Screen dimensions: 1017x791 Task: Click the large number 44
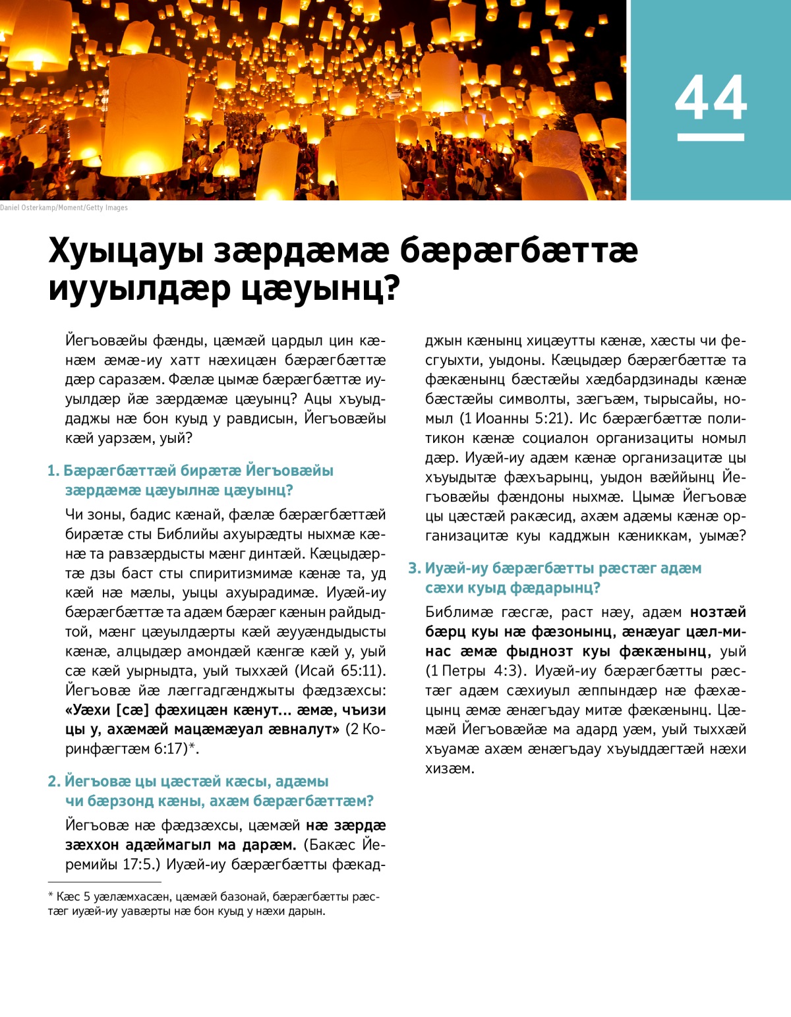click(x=711, y=98)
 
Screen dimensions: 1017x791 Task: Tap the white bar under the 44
click(x=711, y=137)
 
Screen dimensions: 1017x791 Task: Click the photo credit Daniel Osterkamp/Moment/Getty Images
click(x=64, y=208)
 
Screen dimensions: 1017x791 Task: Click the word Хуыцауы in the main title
click(x=125, y=251)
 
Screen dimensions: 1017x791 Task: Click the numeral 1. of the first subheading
click(x=53, y=471)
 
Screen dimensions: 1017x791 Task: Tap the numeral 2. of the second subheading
click(x=54, y=781)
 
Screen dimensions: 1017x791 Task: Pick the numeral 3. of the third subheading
click(x=414, y=568)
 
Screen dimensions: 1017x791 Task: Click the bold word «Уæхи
click(x=87, y=711)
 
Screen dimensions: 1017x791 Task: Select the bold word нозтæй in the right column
click(x=718, y=612)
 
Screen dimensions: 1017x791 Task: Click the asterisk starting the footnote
click(x=50, y=896)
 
